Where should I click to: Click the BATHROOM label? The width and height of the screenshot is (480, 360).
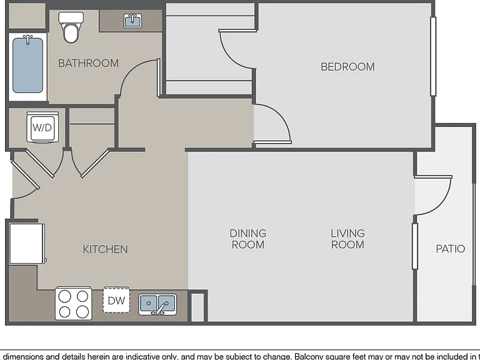[x=88, y=63]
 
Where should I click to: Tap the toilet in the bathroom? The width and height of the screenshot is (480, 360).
[x=71, y=27]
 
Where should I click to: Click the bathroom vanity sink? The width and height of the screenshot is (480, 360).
[x=132, y=21]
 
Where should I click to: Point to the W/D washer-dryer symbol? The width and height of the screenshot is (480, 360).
[x=42, y=127]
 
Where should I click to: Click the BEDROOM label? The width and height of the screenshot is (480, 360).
[x=347, y=67]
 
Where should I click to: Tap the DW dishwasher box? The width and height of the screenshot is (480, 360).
[x=116, y=300]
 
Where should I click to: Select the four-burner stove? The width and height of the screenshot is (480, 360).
[x=74, y=303]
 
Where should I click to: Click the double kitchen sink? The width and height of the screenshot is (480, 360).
[x=157, y=304]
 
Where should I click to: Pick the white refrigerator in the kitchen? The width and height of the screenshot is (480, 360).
[x=27, y=244]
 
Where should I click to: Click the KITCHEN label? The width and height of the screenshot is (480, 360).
[x=105, y=249]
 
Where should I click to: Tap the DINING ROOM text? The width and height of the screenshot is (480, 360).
[x=248, y=239]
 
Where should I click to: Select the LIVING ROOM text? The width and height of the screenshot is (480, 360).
[x=347, y=239]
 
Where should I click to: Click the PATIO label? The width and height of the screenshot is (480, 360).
[x=450, y=249]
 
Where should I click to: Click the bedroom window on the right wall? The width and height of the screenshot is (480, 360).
[x=433, y=56]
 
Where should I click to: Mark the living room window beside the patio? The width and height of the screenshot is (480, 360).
[x=415, y=246]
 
